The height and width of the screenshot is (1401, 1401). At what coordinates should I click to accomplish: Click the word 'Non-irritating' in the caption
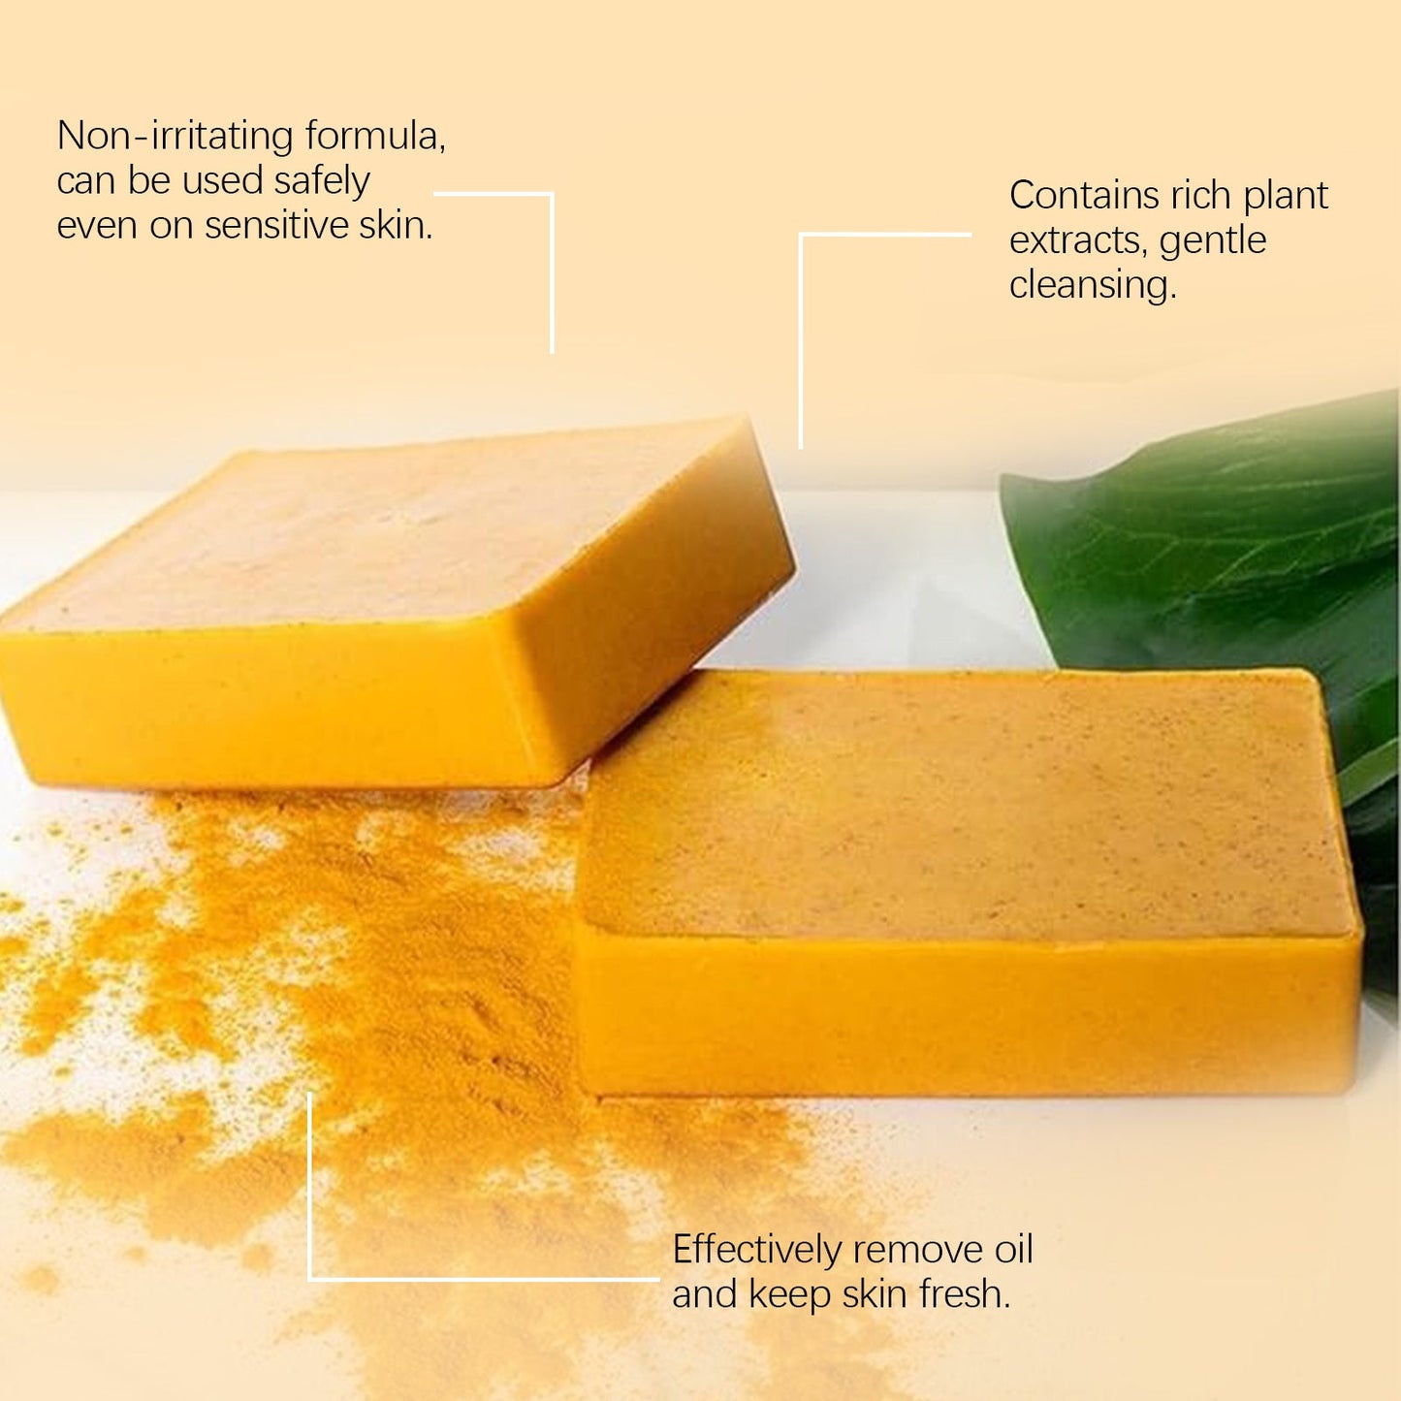(x=175, y=136)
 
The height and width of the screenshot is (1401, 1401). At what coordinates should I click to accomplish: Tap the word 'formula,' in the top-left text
(x=375, y=136)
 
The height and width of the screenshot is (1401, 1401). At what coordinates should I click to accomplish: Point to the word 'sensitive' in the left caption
(x=276, y=226)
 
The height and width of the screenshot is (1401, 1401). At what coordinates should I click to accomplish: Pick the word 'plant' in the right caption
(x=1286, y=196)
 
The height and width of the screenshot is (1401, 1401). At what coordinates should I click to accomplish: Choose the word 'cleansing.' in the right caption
(x=1093, y=285)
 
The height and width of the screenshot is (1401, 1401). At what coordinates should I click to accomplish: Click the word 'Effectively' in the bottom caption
(x=756, y=1250)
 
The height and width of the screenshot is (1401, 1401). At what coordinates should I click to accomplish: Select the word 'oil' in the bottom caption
(x=1014, y=1250)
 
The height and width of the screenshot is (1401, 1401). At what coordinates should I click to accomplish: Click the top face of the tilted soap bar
(x=388, y=524)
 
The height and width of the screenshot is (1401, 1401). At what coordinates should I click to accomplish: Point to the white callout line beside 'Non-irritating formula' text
(x=552, y=271)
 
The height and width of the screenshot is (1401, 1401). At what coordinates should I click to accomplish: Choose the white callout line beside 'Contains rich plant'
(x=801, y=339)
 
